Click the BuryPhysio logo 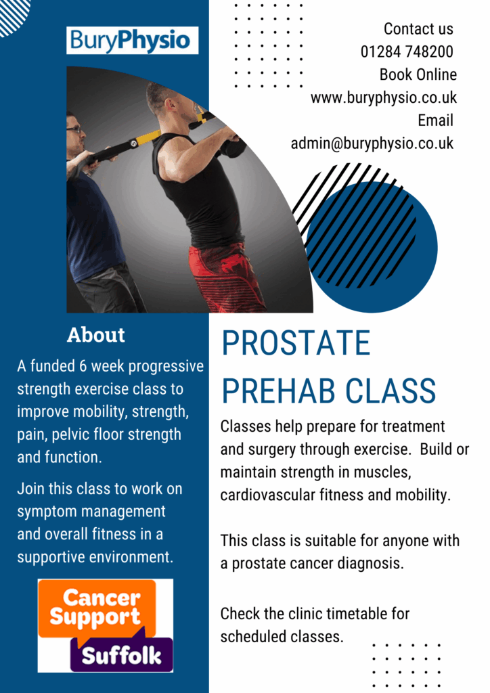pos(132,40)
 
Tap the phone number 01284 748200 pos(407,51)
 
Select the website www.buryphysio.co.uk pos(384,97)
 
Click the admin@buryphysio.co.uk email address pos(372,143)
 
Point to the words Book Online pos(418,74)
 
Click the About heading pos(96,335)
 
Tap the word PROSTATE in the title pos(296,343)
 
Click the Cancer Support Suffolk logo pos(105,625)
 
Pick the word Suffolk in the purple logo pos(122,655)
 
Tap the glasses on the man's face pos(74,129)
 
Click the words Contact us pos(418,28)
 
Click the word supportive pos(51,558)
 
